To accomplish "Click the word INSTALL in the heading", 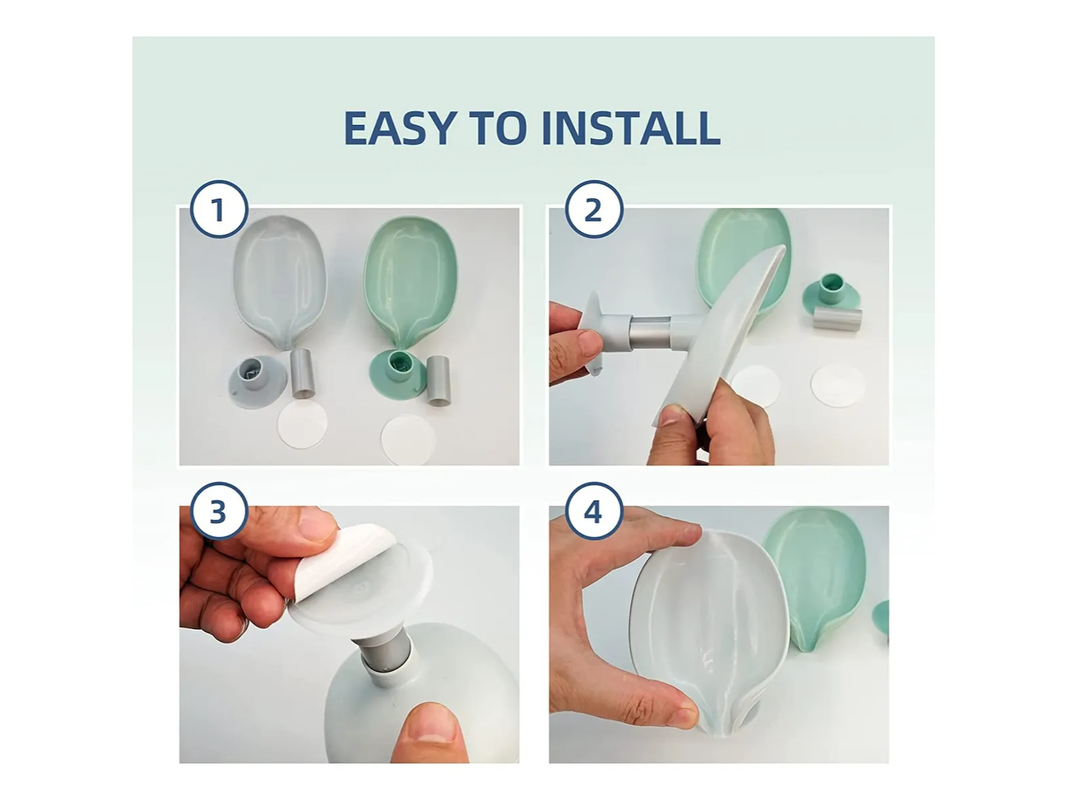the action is click(631, 128).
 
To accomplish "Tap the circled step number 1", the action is click(219, 210).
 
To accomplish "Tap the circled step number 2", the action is click(594, 210).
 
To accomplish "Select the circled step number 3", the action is click(219, 511).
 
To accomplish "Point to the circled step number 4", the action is click(594, 511).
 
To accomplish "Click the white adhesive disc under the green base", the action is click(408, 439).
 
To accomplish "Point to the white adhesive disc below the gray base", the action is click(302, 425).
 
